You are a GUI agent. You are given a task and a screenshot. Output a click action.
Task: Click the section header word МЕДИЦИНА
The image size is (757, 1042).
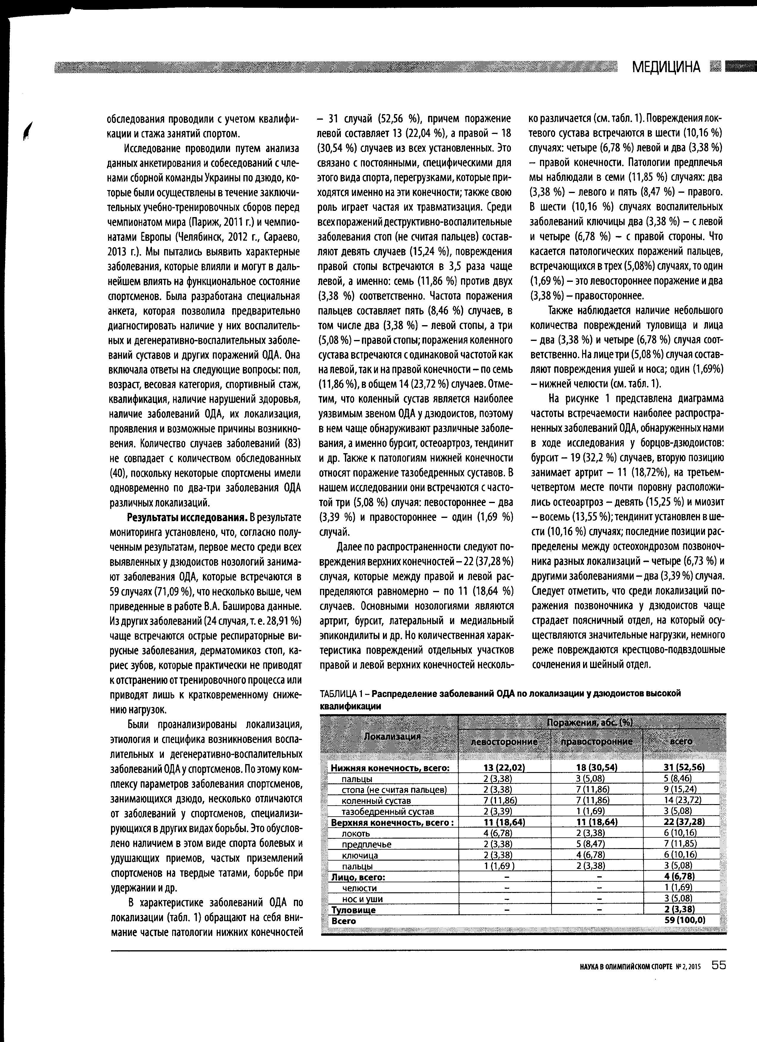click(x=666, y=67)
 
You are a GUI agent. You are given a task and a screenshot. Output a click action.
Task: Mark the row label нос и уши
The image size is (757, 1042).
click(x=362, y=899)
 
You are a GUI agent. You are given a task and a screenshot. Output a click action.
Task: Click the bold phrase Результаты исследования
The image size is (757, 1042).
click(x=187, y=517)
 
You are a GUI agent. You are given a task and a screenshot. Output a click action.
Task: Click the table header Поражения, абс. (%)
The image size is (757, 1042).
click(x=590, y=723)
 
